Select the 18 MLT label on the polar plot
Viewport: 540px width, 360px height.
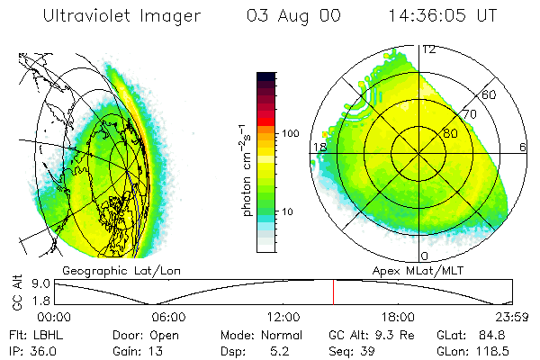point(318,147)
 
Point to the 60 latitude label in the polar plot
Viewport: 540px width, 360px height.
point(489,94)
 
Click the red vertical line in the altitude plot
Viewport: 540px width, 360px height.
point(334,292)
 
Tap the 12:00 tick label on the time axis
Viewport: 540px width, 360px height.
point(283,316)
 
